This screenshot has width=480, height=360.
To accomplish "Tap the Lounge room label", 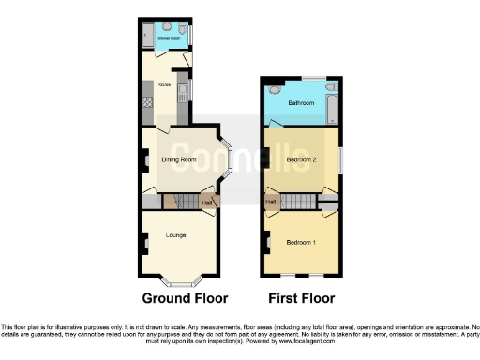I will coord(175,234).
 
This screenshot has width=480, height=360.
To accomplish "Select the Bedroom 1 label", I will coord(301,243).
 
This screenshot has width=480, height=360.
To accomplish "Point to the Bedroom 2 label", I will coord(301,160).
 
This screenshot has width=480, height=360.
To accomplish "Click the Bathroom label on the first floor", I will coord(301,102).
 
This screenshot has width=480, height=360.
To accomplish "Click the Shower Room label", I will coord(169,39).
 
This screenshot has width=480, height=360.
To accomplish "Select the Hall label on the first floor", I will coord(271,201).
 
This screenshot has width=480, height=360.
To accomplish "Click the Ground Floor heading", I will coord(185,300).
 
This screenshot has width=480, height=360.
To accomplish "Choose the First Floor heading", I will coord(302,300).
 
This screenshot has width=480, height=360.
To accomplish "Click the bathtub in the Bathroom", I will coord(333,108).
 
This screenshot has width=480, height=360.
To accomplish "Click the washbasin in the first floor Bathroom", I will coord(275,90).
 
